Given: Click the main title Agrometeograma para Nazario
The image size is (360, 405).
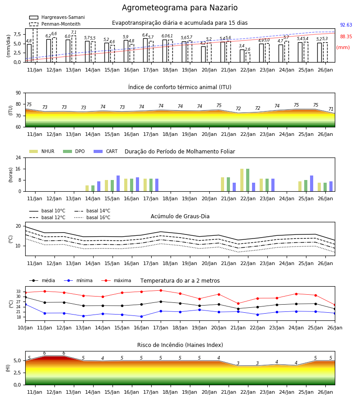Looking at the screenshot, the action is click(x=180, y=8).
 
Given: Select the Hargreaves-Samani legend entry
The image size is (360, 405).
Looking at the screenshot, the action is click(x=57, y=17).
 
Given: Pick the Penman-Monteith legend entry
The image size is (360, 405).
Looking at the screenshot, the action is click(x=55, y=24).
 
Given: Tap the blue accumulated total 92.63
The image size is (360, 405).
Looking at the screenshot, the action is click(x=346, y=25).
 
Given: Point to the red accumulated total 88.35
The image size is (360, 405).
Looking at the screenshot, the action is click(x=346, y=36).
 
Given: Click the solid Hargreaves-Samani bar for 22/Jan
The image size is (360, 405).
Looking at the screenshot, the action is click(x=242, y=56).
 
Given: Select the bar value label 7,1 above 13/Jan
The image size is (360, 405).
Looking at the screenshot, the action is click(x=74, y=32).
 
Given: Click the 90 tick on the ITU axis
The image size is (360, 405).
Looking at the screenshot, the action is click(x=18, y=93).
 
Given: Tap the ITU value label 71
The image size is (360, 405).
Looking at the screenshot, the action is click(x=331, y=109).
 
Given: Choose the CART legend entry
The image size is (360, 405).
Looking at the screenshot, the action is click(x=106, y=151).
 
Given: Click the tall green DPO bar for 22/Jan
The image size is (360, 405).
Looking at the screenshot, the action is click(x=248, y=180).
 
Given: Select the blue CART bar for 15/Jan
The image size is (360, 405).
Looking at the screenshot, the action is click(x=118, y=184).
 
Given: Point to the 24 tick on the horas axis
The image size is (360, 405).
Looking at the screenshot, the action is click(x=18, y=157).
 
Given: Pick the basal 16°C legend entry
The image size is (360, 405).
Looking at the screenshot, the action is click(x=92, y=217).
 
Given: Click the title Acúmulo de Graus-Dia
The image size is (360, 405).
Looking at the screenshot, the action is click(x=180, y=216).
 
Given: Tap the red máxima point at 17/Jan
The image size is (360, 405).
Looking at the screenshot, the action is click(x=161, y=290).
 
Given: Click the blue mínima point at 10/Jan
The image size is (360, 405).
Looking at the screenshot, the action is click(x=25, y=305).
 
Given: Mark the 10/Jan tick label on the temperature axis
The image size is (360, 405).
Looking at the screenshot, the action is click(x=25, y=328).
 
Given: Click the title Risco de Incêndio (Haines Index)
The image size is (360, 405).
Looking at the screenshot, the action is click(x=180, y=345).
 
